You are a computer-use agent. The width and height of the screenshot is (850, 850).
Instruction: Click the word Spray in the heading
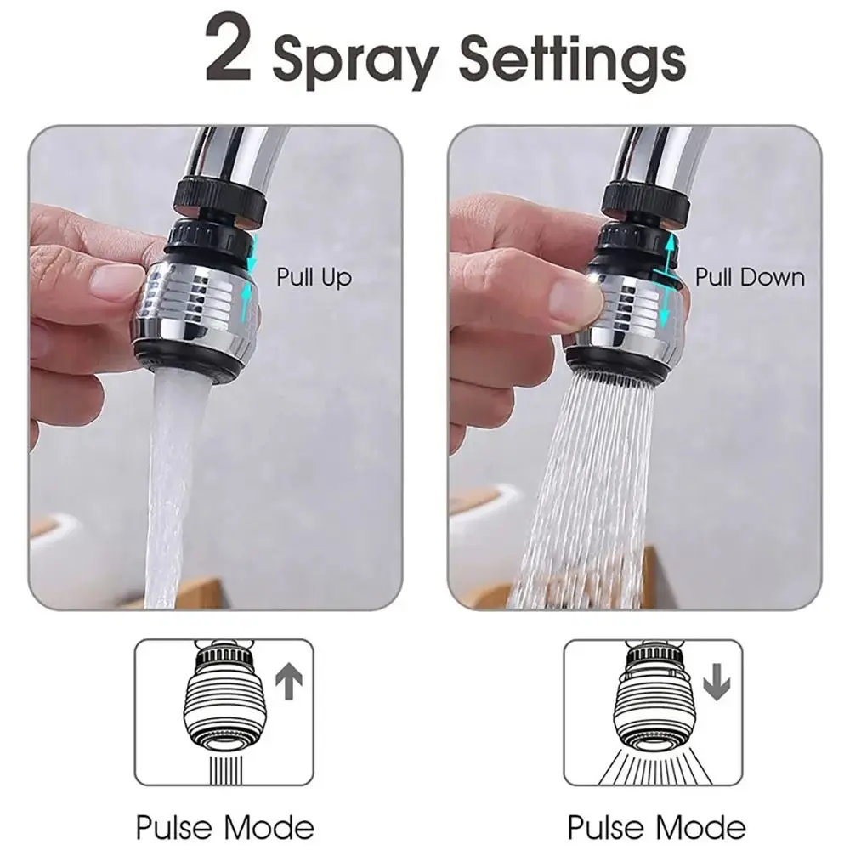coord(355,59)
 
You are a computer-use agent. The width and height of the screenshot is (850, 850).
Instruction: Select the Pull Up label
coord(314,277)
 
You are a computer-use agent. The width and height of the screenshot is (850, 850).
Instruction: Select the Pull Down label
coord(749,277)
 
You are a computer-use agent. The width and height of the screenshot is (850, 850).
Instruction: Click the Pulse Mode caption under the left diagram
coord(225,826)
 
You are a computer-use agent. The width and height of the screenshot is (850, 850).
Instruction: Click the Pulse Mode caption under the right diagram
coord(656,826)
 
